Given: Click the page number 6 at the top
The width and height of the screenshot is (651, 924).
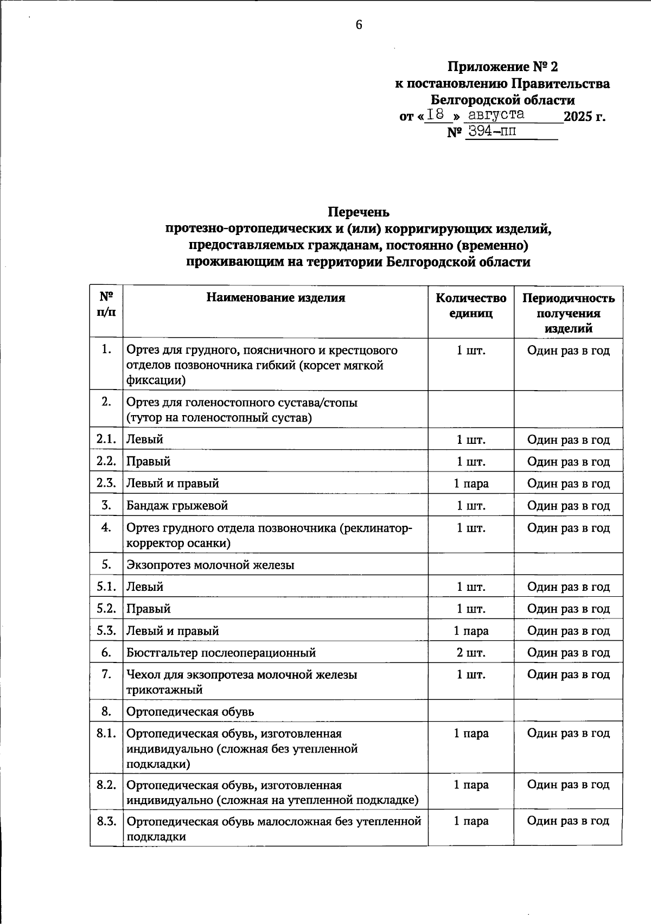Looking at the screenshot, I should point(359,25).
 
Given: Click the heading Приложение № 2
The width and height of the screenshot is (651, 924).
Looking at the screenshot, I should point(502,67).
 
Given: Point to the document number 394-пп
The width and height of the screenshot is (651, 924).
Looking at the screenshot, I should point(492,132).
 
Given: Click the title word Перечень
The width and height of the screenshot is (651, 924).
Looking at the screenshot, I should point(358,211).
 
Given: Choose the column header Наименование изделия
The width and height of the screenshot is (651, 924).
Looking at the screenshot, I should point(275,297).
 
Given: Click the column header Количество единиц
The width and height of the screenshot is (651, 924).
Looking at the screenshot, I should point(471,305).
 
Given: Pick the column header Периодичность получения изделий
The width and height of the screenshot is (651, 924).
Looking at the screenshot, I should point(568,313).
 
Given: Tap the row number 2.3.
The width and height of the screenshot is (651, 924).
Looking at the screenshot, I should point(106,483).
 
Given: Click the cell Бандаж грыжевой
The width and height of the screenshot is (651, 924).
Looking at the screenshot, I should point(177,506).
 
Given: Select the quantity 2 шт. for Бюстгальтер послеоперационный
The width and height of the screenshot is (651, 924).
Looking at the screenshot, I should point(471,653).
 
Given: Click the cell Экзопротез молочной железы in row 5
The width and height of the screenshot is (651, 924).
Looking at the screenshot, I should point(210,565).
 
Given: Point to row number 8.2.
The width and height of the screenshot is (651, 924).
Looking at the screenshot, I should point(106,785).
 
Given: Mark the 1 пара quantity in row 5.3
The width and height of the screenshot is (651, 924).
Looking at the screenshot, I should point(471,631).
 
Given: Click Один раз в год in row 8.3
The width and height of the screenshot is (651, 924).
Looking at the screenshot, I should point(568,821).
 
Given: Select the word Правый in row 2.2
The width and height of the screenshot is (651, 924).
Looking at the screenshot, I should point(148,462).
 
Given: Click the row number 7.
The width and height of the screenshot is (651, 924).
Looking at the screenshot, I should point(106,674).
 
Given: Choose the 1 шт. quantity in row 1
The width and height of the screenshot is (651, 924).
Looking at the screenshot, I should point(471,351).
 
